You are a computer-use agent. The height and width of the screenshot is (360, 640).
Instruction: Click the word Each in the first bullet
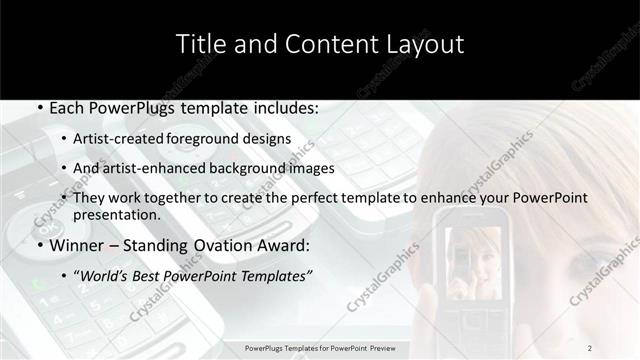[66, 107]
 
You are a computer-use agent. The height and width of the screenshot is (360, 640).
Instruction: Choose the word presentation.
[117, 215]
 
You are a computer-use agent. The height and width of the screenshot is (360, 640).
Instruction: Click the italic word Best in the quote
[152, 276]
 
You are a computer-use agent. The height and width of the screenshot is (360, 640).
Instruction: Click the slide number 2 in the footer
[590, 348]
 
